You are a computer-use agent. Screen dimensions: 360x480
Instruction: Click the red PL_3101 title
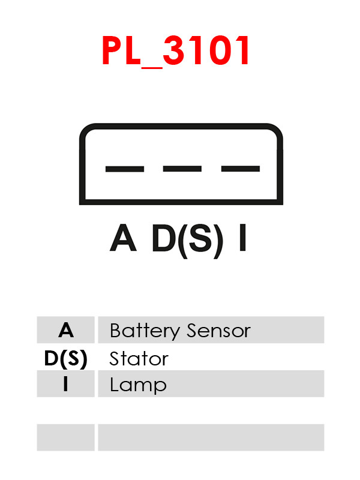point(175,51)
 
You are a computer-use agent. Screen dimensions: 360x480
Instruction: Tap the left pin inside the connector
point(125,169)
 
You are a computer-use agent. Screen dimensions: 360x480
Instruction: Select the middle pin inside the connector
point(182,169)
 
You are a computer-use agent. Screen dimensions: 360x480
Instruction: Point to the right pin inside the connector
point(241,169)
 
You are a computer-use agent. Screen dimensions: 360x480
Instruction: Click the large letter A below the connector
point(123,238)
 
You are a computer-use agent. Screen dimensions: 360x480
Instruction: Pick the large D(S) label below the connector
point(187,241)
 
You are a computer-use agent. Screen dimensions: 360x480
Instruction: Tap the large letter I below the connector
point(243,238)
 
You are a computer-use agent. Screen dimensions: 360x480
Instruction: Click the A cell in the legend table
point(66,330)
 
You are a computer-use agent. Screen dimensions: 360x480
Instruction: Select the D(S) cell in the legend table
point(66,358)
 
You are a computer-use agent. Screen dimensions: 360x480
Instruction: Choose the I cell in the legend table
point(66,384)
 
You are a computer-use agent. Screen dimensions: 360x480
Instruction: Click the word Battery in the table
point(145,331)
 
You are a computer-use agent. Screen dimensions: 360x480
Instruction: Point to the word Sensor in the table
point(218,331)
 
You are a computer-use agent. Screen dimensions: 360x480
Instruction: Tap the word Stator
point(139,358)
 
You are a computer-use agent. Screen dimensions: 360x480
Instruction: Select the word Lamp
point(138,385)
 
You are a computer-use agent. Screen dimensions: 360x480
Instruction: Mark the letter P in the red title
point(112,50)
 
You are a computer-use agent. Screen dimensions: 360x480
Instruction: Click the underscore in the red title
point(152,67)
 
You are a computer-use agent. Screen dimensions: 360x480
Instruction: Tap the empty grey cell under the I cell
point(66,437)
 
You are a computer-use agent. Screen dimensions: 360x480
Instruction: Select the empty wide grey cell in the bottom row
point(211,437)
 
